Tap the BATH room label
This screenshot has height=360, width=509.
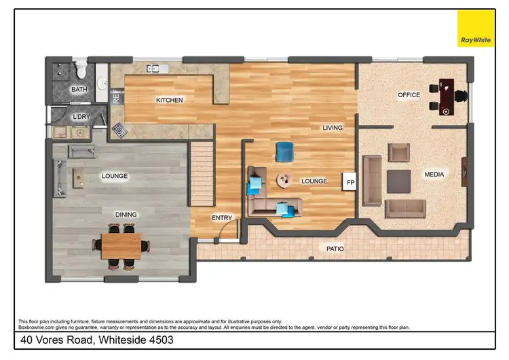click(79, 90)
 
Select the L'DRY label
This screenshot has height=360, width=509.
click(81, 117)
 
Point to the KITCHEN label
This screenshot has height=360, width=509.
click(169, 101)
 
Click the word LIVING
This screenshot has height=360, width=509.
click(332, 128)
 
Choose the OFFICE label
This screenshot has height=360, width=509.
click(409, 95)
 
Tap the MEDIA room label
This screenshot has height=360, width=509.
click(434, 175)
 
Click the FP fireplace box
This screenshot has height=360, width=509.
click(351, 182)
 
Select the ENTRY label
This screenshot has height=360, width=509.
click(222, 218)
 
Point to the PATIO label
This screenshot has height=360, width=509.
click(335, 249)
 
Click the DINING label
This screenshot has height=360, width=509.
click(126, 215)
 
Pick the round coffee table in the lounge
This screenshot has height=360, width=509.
click(284, 181)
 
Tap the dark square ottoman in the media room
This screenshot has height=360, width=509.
click(398, 181)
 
